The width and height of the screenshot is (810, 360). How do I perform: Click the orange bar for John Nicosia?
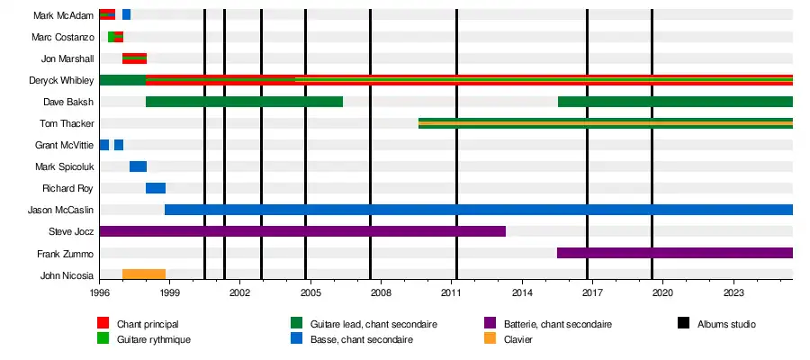point(144,274)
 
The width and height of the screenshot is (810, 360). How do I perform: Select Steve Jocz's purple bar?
point(302,231)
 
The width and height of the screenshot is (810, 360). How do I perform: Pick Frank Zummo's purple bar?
point(675,253)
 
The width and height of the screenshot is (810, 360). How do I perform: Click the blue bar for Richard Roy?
point(156,188)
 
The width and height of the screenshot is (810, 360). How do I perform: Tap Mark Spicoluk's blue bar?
point(138,166)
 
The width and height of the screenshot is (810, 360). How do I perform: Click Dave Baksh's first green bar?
point(244,102)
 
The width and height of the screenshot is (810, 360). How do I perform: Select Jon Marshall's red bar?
point(134,58)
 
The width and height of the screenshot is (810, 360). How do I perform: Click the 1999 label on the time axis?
point(169,293)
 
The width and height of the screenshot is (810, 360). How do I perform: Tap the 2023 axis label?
point(733,293)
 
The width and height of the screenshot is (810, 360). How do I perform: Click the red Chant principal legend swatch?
point(103,323)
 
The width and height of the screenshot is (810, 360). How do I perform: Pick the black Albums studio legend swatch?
point(682,323)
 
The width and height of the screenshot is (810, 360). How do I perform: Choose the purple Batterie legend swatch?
point(490,323)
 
